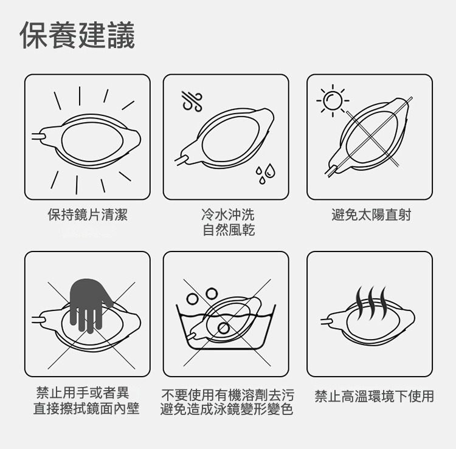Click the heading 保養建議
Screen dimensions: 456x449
click(x=77, y=35)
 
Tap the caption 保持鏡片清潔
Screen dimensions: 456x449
click(x=88, y=215)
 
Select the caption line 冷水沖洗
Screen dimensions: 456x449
click(x=228, y=215)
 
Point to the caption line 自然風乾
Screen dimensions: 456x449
click(x=229, y=230)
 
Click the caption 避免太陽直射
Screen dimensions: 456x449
click(x=371, y=215)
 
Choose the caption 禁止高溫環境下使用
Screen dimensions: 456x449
click(x=375, y=396)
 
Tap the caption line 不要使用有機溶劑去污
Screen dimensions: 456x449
click(x=228, y=395)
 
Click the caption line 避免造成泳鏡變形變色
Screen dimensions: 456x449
click(x=227, y=409)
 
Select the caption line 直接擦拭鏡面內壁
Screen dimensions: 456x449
click(x=86, y=408)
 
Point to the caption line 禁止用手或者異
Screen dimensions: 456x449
click(x=83, y=392)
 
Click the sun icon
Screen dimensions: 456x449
click(x=333, y=100)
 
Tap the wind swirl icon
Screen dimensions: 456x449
click(x=192, y=101)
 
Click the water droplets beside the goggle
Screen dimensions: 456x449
click(x=265, y=174)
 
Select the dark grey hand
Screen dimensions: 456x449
click(x=89, y=304)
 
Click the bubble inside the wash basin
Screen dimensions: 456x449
click(x=224, y=328)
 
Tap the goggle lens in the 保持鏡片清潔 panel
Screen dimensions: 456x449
click(x=92, y=140)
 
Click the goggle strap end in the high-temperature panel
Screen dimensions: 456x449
click(x=327, y=321)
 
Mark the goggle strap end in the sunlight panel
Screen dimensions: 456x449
click(x=331, y=171)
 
